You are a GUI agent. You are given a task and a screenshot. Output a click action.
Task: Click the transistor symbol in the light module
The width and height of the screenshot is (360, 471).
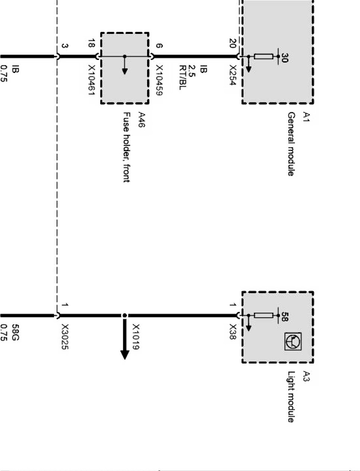tap(293, 341)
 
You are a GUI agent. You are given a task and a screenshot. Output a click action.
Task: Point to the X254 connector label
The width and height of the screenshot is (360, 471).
tap(233, 76)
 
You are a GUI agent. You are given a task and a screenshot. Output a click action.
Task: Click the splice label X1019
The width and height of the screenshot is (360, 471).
tap(136, 337)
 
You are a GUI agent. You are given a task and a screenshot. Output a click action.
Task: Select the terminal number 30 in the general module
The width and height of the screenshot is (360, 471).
tap(284, 58)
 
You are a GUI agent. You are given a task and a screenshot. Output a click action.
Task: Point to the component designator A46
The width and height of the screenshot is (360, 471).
tap(141, 120)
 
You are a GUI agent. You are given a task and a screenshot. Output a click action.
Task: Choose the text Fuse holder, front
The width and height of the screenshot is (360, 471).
tap(126, 147)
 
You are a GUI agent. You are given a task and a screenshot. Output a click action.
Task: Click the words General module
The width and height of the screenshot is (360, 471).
tap(291, 144)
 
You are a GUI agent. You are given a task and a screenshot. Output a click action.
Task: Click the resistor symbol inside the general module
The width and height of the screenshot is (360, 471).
tap(263, 57)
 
